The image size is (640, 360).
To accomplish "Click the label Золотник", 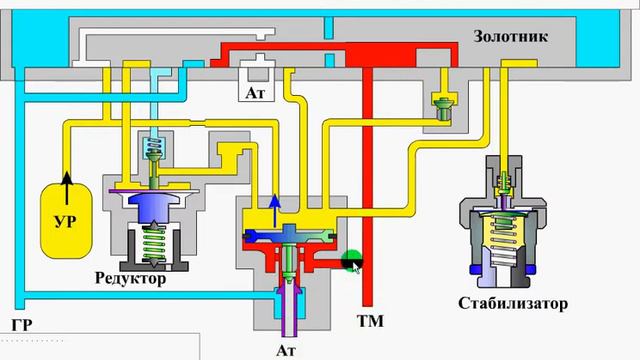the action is coord(510,37).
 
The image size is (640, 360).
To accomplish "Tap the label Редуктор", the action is coord(131,278).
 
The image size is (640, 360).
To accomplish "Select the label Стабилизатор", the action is coord(513,303).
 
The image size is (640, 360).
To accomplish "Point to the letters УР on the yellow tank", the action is coord(65,221).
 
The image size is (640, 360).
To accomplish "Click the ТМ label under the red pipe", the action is coord(371,321).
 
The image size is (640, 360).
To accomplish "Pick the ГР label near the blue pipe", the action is coord(22,325).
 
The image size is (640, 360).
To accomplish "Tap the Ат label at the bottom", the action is coord(286,351).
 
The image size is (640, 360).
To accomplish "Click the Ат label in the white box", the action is coord(255,93).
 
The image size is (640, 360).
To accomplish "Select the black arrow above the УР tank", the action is coord(67,188).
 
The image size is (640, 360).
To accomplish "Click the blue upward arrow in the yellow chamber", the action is coord(275,211).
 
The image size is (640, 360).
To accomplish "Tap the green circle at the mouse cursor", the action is coord(351,260).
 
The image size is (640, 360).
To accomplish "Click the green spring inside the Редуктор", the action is coord(154,244).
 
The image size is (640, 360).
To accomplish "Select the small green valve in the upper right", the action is coord(443,109).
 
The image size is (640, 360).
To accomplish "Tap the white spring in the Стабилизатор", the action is coord(503,253).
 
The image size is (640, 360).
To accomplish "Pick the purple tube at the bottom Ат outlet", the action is coord(289,310).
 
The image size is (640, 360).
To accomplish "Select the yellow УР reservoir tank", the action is coord(66,221).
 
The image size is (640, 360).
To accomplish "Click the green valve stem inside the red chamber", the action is coord(289,261).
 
